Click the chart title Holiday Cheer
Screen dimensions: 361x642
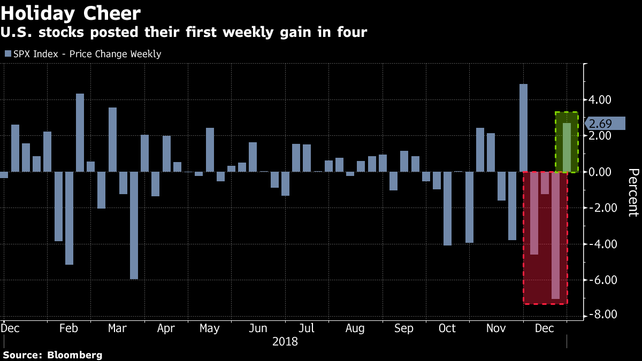(71, 13)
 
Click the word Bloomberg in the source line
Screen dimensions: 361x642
(75, 355)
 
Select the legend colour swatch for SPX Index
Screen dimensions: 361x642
(7, 54)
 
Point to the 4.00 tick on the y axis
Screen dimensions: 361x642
(600, 100)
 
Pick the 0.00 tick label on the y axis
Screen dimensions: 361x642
(600, 172)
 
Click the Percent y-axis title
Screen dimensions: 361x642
(633, 192)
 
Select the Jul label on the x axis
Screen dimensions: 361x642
(307, 328)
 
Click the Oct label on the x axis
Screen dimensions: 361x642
(447, 328)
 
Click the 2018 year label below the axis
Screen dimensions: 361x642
(285, 341)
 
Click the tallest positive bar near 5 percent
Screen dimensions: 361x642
(523, 128)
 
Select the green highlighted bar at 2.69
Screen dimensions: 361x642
(567, 148)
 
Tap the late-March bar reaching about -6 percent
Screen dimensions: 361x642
(134, 225)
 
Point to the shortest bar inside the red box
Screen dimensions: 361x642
(545, 183)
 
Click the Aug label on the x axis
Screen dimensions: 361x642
(355, 328)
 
